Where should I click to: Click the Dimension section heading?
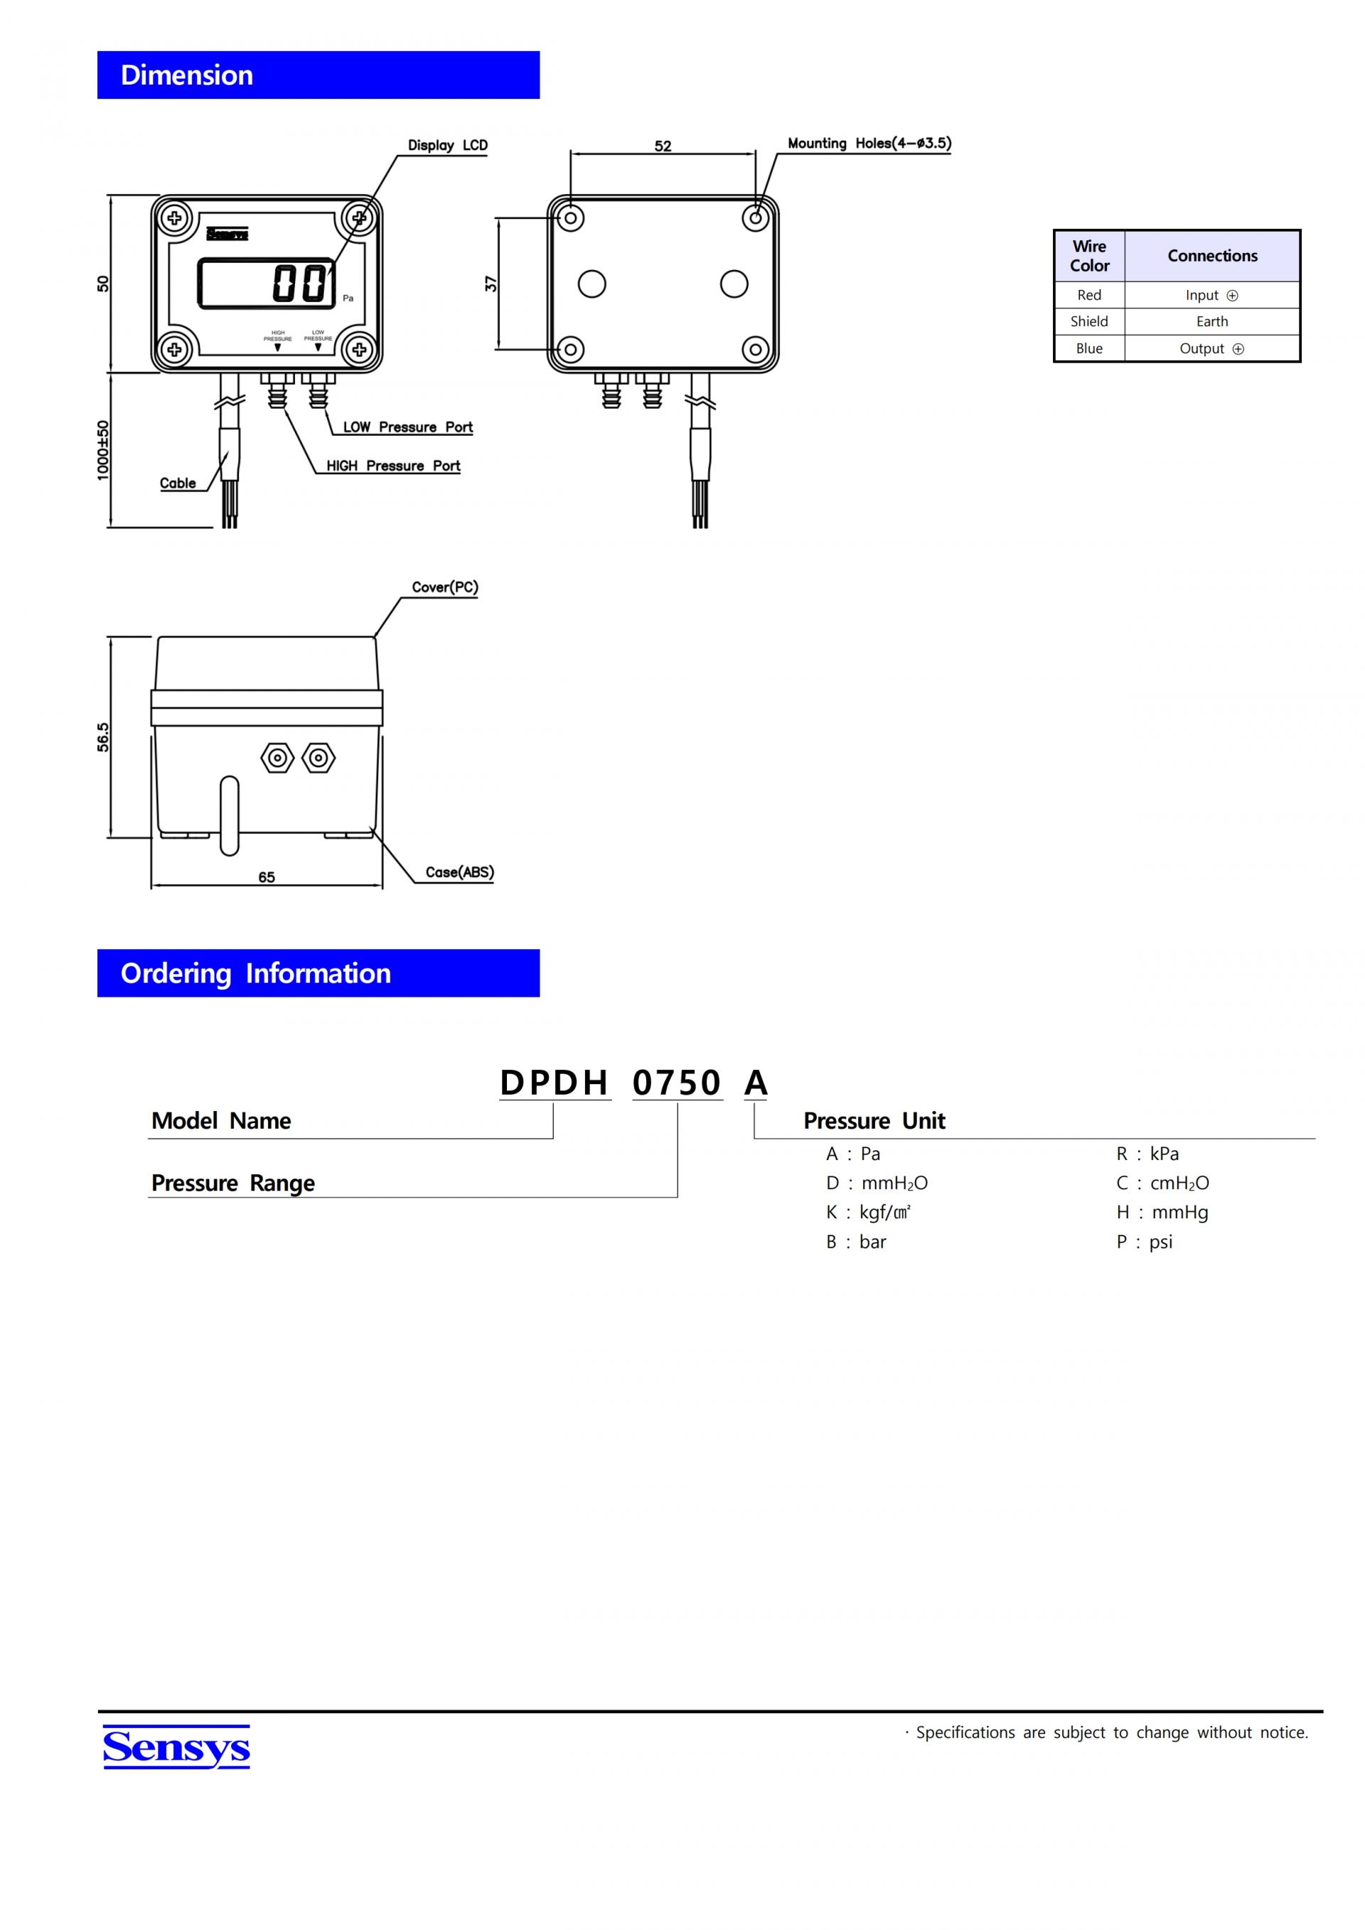186,75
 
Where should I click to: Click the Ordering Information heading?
255,973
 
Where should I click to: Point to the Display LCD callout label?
447,146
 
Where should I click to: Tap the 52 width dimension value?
663,146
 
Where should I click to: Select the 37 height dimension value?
491,284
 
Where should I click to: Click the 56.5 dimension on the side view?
102,736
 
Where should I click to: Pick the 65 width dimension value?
267,876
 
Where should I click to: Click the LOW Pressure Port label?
407,427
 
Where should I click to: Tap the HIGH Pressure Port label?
393,466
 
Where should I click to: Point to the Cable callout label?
177,483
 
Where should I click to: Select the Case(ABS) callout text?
459,872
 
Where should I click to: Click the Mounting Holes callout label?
869,144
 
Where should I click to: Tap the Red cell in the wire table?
1088,295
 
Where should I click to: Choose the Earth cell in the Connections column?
1212,321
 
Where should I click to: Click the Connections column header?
1212,255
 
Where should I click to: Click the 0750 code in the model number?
677,1083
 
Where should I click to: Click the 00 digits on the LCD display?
299,283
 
